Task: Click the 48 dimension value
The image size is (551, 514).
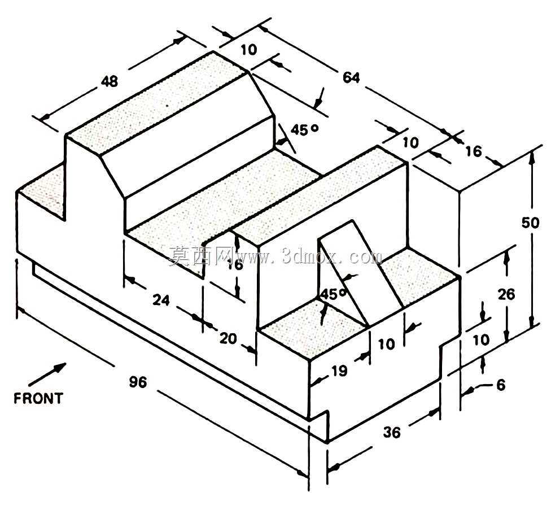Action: [x=110, y=81]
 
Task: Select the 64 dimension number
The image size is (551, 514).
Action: [x=351, y=77]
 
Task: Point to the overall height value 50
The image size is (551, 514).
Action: [x=530, y=223]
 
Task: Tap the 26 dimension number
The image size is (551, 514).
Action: [x=506, y=294]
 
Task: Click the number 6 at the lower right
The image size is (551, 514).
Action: [x=501, y=385]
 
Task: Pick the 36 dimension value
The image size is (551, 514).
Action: [x=392, y=432]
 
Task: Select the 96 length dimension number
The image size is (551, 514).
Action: [x=138, y=381]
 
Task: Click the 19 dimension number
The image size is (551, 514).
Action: [x=339, y=371]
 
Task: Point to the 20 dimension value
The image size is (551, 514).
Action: [x=228, y=338]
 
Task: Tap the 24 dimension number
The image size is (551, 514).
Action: [x=161, y=300]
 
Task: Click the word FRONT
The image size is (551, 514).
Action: [x=38, y=398]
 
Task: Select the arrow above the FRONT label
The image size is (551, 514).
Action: [x=47, y=374]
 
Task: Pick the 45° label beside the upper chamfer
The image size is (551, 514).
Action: [x=304, y=130]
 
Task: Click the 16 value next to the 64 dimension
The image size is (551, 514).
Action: [x=473, y=151]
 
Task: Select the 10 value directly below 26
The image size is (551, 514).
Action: [x=481, y=339]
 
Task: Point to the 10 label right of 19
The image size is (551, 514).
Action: [x=386, y=344]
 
